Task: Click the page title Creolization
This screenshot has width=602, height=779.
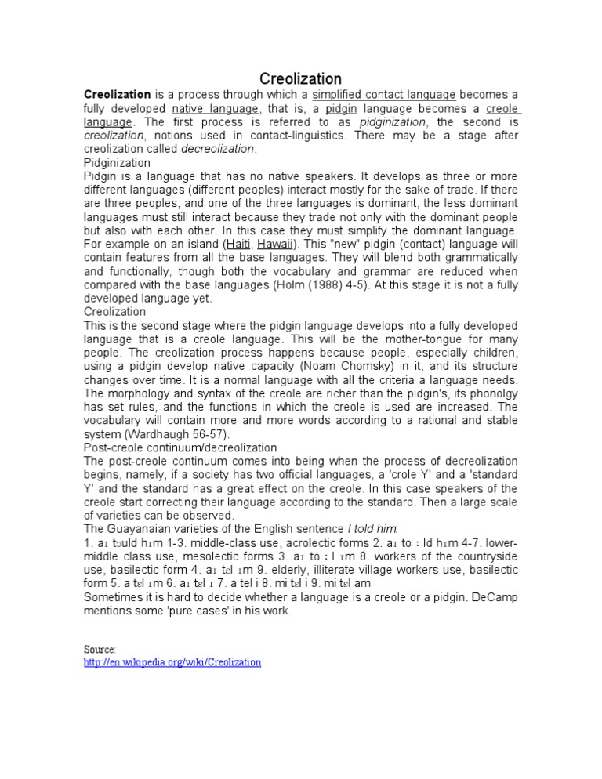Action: (x=301, y=79)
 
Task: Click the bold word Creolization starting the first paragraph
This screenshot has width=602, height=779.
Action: (x=117, y=94)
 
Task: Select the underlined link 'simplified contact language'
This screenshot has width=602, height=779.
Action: (x=379, y=94)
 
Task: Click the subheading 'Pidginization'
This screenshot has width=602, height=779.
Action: (x=117, y=162)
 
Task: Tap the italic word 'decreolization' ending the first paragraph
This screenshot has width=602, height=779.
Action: (x=218, y=149)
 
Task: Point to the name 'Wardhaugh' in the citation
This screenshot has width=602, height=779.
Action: (x=158, y=433)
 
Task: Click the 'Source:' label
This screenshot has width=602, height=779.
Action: (x=100, y=650)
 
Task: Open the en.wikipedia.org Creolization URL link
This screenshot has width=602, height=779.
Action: (x=172, y=663)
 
